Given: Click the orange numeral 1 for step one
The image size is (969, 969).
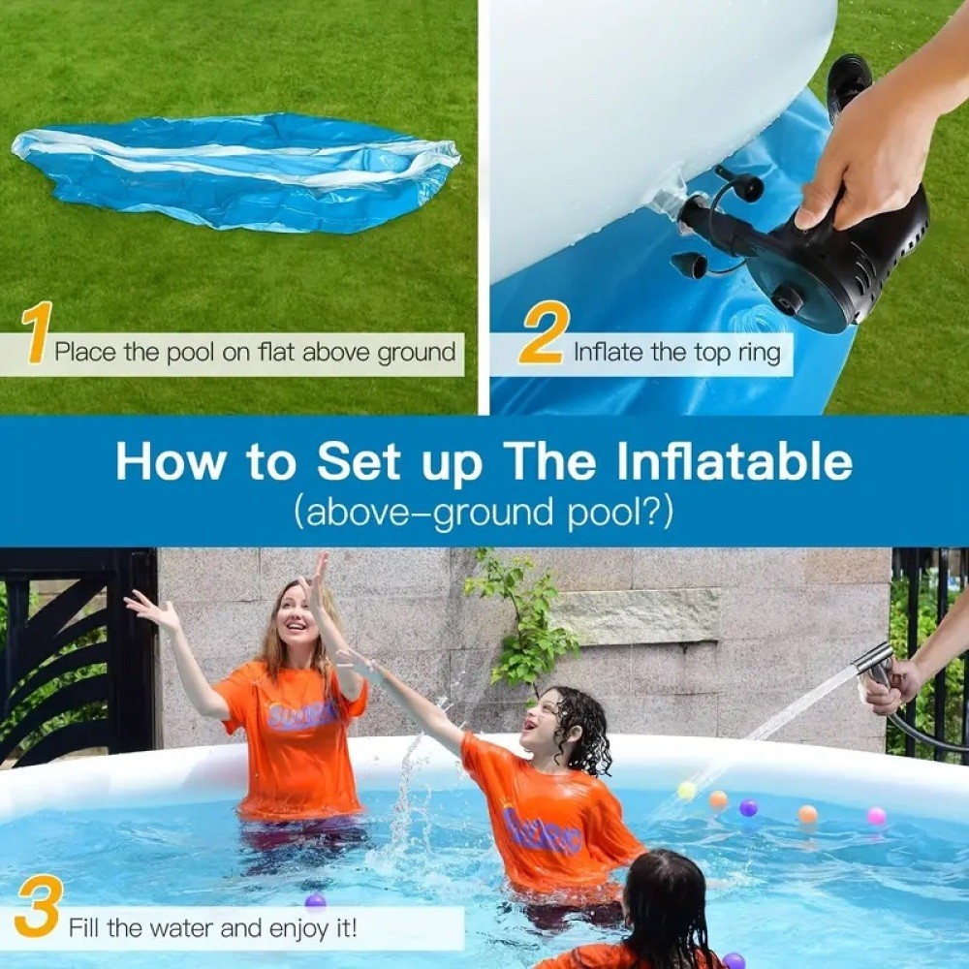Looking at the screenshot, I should [37, 334].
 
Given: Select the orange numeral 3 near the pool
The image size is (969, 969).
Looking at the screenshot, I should [38, 906].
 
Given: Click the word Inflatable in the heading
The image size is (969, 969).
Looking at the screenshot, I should [735, 462].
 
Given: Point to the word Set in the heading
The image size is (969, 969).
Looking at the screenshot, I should [358, 462].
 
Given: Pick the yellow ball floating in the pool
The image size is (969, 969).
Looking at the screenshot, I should [687, 791].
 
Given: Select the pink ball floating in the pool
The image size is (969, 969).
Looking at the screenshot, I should [876, 816].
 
